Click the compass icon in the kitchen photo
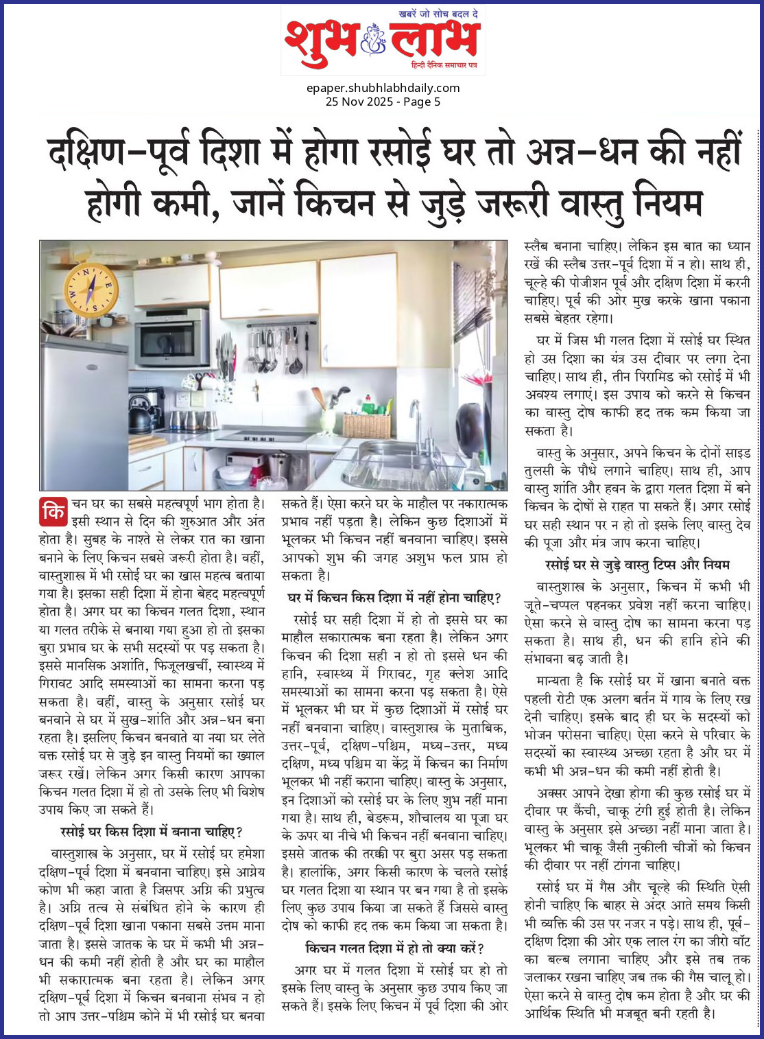[x=91, y=290]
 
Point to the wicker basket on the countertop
[x=366, y=424]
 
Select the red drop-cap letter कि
[x=53, y=511]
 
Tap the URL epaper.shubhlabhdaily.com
[x=383, y=88]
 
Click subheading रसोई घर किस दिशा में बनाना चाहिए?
[x=152, y=832]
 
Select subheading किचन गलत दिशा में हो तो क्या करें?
[x=394, y=948]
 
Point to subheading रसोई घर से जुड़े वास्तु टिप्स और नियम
[x=637, y=565]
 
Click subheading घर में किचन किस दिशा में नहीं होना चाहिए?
[x=394, y=598]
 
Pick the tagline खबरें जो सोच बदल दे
[x=438, y=13]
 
